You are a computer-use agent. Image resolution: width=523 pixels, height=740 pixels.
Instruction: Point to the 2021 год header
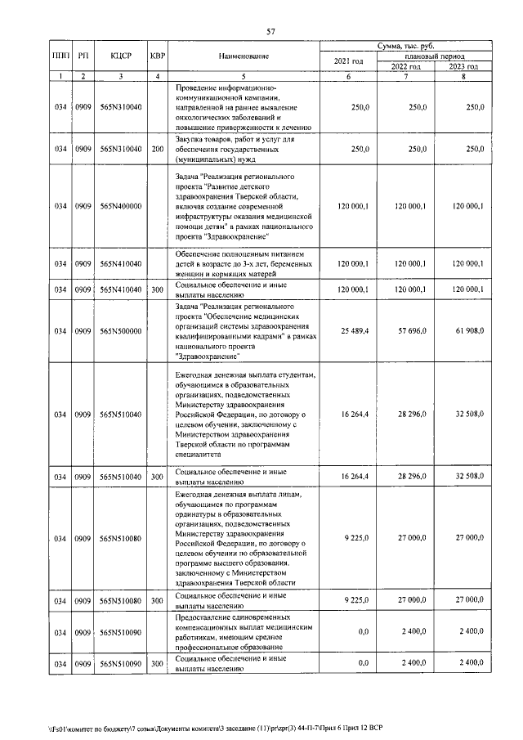tap(348, 61)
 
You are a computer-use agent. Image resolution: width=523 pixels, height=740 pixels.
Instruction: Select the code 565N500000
tap(120, 330)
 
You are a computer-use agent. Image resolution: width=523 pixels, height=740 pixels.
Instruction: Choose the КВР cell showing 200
tap(157, 149)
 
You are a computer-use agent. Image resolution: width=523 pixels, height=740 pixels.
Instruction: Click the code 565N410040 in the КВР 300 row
tap(120, 289)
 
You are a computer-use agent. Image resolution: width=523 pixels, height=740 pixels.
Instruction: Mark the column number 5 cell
tap(243, 76)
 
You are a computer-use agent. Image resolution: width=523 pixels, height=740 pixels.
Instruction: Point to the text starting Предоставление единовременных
tap(243, 631)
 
